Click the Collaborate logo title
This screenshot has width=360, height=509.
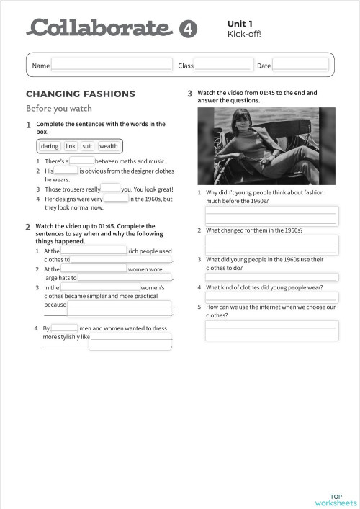(x=100, y=28)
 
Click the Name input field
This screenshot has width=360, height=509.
(x=112, y=66)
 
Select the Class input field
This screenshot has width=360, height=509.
(x=223, y=66)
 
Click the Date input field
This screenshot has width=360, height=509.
(x=300, y=66)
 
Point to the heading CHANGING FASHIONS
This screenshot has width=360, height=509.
(x=81, y=94)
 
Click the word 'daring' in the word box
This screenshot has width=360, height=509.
(x=50, y=146)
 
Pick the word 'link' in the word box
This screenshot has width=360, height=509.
(x=71, y=146)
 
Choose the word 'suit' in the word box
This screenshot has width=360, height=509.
(x=87, y=146)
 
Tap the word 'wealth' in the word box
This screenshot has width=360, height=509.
(x=109, y=146)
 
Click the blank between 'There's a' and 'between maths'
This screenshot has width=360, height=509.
(x=82, y=161)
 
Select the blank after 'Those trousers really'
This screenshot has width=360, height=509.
(x=111, y=189)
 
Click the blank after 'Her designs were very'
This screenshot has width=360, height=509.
(x=116, y=199)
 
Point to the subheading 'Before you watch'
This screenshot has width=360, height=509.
(x=59, y=109)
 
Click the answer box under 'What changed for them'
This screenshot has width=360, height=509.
(x=271, y=245)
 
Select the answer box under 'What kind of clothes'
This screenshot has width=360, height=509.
(x=271, y=297)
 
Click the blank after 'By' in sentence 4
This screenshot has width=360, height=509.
(x=65, y=328)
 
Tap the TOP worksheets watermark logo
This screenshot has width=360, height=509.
(x=336, y=500)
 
